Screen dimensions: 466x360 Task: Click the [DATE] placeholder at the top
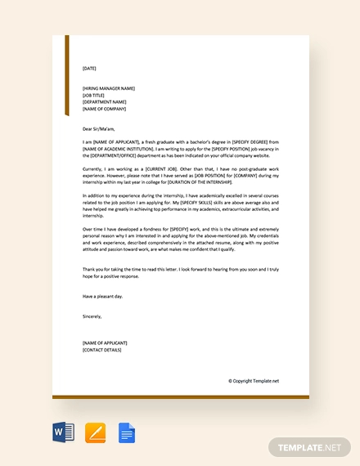coord(89,69)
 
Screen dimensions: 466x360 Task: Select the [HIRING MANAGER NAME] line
coord(109,88)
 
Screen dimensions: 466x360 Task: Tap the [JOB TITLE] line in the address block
coord(93,95)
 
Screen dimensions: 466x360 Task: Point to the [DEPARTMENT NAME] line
coord(103,102)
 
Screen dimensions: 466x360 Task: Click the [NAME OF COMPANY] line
coord(104,109)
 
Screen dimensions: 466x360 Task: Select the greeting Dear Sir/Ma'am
coord(101,128)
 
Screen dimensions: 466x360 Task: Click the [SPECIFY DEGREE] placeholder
coord(236,141)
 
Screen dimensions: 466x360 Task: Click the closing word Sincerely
coord(92,316)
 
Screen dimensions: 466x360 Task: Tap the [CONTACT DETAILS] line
coord(102,349)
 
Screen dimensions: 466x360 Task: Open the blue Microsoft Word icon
coord(64,432)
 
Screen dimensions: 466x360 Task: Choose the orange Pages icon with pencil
coord(95,432)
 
